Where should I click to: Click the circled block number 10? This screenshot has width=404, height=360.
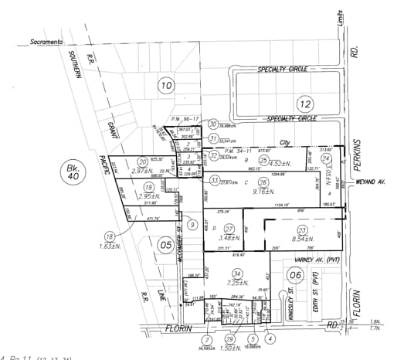coord(166,85)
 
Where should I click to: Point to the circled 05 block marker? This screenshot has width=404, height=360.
coord(165,245)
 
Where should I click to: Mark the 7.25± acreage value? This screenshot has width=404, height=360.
coord(237,284)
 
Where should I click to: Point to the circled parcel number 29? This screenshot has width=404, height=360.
coord(229,339)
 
